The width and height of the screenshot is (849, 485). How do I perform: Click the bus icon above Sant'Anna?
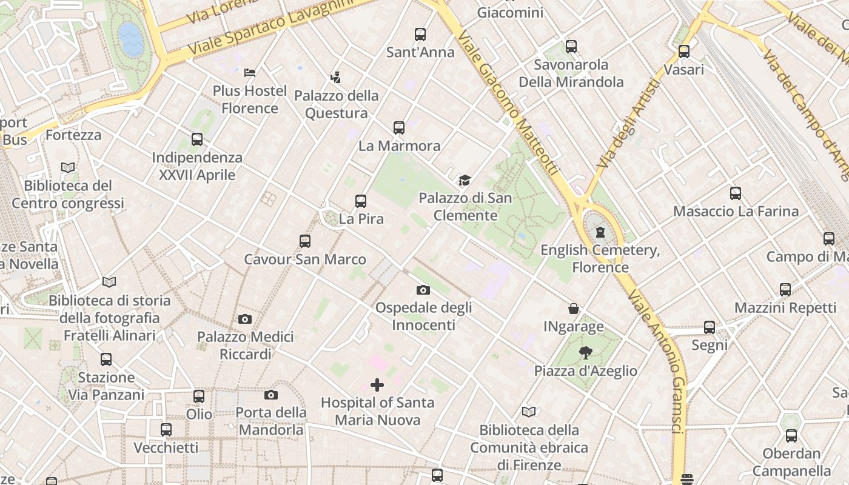[x=420, y=35]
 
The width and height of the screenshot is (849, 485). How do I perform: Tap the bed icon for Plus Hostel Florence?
[x=250, y=73]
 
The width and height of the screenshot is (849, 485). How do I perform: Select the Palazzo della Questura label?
[x=336, y=104]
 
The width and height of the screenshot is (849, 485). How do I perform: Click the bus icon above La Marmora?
[x=398, y=128]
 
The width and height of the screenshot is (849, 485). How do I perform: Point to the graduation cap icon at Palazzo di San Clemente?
[x=465, y=181]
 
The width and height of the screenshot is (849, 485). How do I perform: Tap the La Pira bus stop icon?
[x=361, y=201]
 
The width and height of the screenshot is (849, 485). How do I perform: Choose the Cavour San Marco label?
[x=304, y=259]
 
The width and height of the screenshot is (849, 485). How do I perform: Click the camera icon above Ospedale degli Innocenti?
[x=423, y=290]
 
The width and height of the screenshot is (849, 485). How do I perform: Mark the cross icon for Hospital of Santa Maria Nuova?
[x=377, y=385]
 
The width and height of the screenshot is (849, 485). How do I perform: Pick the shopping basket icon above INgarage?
[x=573, y=309]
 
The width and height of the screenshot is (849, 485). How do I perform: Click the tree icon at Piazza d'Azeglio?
[x=585, y=353]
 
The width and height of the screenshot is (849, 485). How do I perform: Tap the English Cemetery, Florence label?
[x=600, y=258]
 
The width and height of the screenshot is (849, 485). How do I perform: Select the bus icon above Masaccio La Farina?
[x=736, y=193]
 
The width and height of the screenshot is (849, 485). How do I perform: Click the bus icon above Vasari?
[x=684, y=52]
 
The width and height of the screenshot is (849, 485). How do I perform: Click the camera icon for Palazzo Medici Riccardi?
[x=245, y=319]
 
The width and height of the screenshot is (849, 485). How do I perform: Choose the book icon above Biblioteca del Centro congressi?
[x=68, y=167]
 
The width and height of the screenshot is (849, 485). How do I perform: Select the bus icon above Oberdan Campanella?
[x=791, y=435]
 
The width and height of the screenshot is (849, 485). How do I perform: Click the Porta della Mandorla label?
[x=270, y=421]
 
